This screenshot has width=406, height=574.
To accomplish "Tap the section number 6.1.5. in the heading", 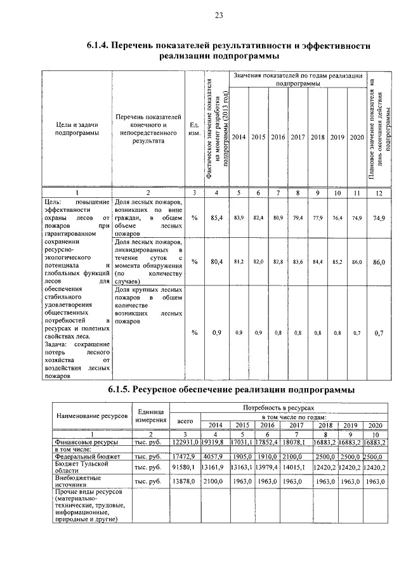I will [122, 389].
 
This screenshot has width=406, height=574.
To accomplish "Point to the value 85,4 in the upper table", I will [216, 218].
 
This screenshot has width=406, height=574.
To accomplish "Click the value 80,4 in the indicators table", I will [216, 261].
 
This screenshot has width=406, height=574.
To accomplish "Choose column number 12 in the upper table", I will [379, 192].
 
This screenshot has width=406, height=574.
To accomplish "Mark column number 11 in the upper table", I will [357, 192].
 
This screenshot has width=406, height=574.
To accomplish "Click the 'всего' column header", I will [185, 421].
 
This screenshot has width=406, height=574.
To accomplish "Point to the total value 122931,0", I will [186, 441].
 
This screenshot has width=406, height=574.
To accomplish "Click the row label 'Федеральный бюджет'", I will [83, 455].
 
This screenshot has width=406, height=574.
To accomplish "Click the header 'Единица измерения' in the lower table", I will [151, 415].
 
